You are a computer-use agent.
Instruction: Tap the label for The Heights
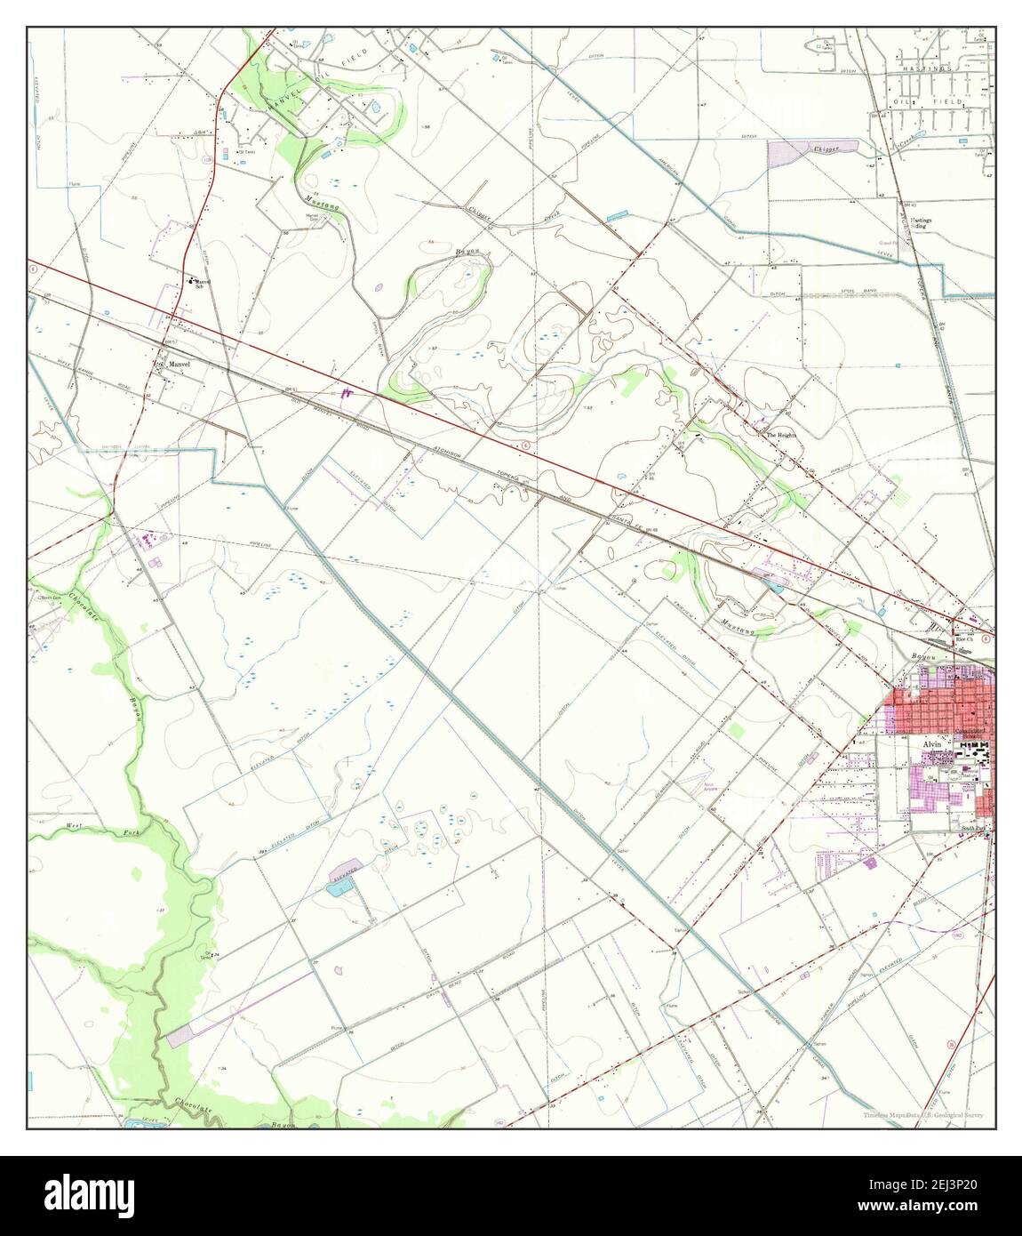(782, 435)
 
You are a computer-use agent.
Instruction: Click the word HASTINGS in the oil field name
(924, 68)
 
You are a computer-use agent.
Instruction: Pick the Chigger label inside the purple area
(829, 150)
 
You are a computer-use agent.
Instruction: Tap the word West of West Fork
(76, 827)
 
